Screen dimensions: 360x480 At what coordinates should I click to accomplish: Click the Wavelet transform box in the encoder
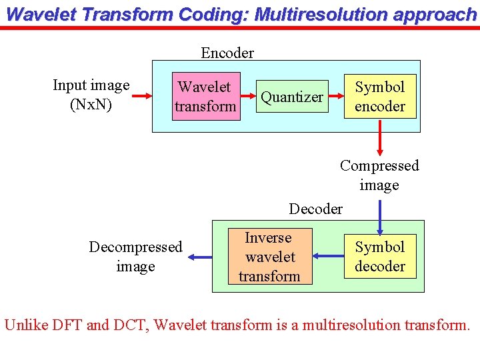205,97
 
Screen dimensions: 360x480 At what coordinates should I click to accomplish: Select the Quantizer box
292,97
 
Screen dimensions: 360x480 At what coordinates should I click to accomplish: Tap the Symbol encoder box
380,97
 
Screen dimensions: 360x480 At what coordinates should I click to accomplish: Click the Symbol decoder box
380,257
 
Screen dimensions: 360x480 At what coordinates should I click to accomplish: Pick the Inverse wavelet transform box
269,257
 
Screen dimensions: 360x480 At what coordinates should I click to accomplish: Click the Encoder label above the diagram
227,53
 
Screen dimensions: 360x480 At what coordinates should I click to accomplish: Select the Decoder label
315,209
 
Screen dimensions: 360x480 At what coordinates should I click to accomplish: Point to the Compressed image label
379,175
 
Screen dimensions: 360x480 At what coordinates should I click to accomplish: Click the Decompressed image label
135,257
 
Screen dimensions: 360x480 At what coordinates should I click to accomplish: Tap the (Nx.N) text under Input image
91,105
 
